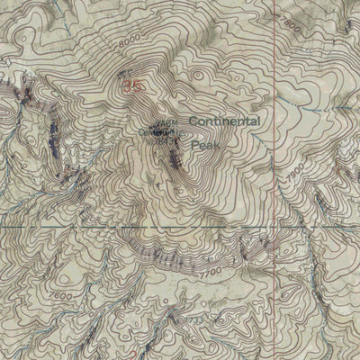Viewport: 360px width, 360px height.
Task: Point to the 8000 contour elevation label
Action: coord(129,40)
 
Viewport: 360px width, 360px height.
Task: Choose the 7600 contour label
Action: coord(63,296)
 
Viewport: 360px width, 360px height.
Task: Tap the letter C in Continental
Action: coord(193,121)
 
